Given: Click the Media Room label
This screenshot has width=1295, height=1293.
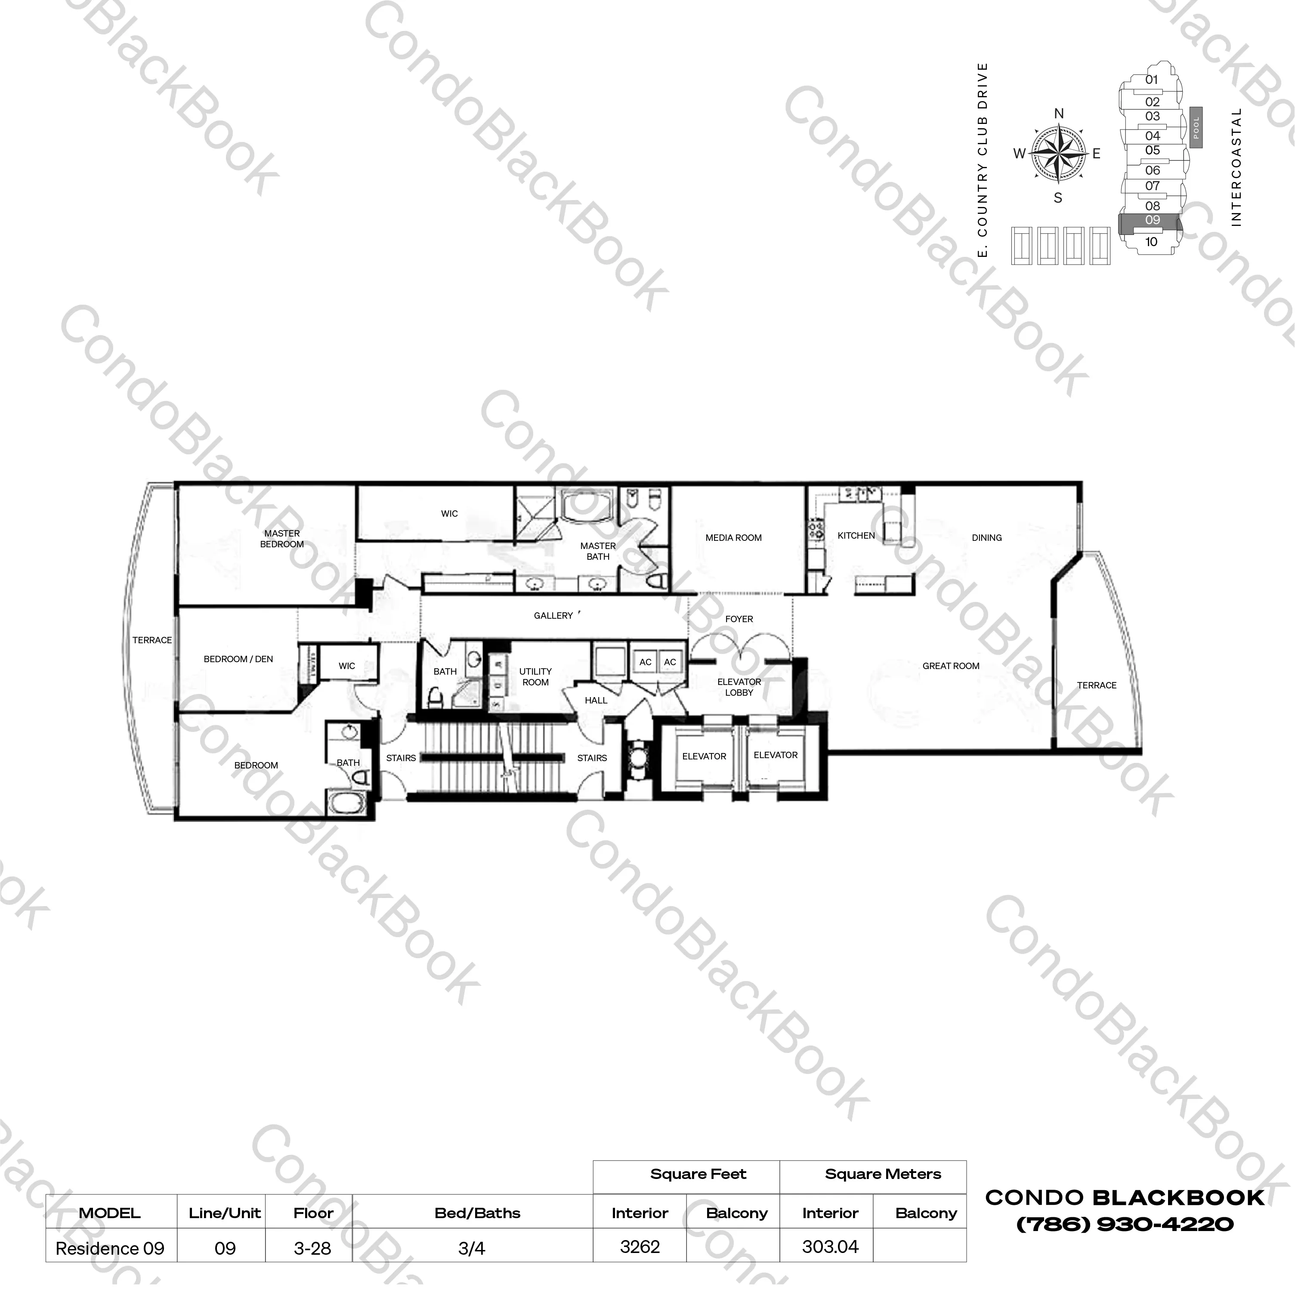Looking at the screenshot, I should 733,537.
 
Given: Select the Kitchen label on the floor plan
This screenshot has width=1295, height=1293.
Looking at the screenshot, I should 856,536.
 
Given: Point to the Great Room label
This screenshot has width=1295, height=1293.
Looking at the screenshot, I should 950,666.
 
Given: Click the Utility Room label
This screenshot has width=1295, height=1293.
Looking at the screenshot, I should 535,676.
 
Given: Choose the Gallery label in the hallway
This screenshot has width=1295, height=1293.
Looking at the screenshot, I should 553,615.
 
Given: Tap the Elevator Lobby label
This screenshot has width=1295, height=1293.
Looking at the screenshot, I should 739,687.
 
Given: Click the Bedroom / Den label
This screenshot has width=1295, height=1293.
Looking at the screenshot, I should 238,659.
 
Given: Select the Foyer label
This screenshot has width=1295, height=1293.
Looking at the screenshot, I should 739,619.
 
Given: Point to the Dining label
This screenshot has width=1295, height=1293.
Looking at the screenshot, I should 987,537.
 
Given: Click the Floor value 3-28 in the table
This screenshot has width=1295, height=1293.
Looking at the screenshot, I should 312,1248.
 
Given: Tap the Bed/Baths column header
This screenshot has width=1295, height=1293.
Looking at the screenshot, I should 477,1213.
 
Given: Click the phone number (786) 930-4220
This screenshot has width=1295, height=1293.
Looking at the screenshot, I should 1125,1225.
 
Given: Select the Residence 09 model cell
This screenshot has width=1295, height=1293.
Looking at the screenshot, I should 110,1248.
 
